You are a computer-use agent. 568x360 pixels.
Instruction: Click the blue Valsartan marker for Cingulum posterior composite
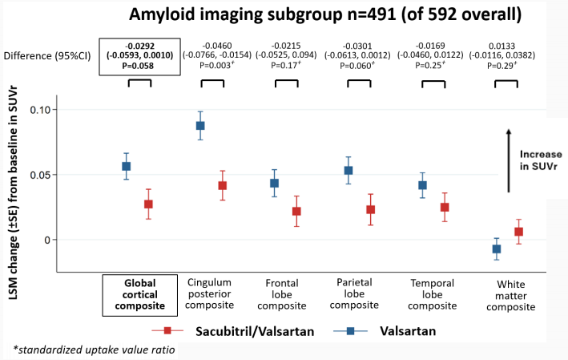pos(200,126)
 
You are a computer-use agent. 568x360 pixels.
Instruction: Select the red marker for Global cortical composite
pos(148,204)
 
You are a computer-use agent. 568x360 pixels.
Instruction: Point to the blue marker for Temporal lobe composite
pos(422,185)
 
